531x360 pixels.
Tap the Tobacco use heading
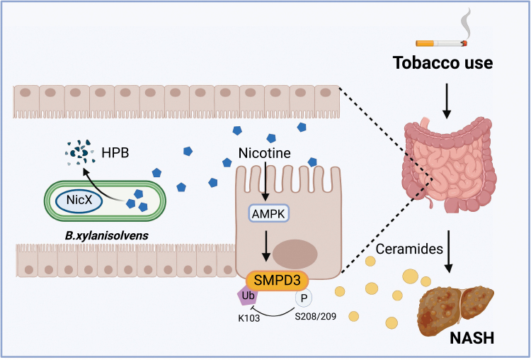click(x=442, y=62)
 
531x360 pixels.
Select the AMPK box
click(x=269, y=213)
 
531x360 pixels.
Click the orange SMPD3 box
click(x=278, y=281)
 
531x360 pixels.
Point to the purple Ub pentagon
click(x=249, y=295)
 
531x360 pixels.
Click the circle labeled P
click(x=304, y=298)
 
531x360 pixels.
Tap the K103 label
click(x=249, y=318)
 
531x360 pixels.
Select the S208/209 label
click(x=315, y=316)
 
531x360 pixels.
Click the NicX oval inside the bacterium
click(x=79, y=200)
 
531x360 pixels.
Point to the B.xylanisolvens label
click(x=107, y=235)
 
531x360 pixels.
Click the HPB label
click(x=115, y=153)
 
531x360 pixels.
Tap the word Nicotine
click(x=265, y=153)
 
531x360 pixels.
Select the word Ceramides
click(x=409, y=249)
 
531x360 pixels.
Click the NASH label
click(x=472, y=338)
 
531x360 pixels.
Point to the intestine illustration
click(x=450, y=164)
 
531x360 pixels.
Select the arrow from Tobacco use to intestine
click(x=447, y=101)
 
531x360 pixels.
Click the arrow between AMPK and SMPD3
click(x=266, y=247)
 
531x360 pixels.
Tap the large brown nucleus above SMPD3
click(x=295, y=254)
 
